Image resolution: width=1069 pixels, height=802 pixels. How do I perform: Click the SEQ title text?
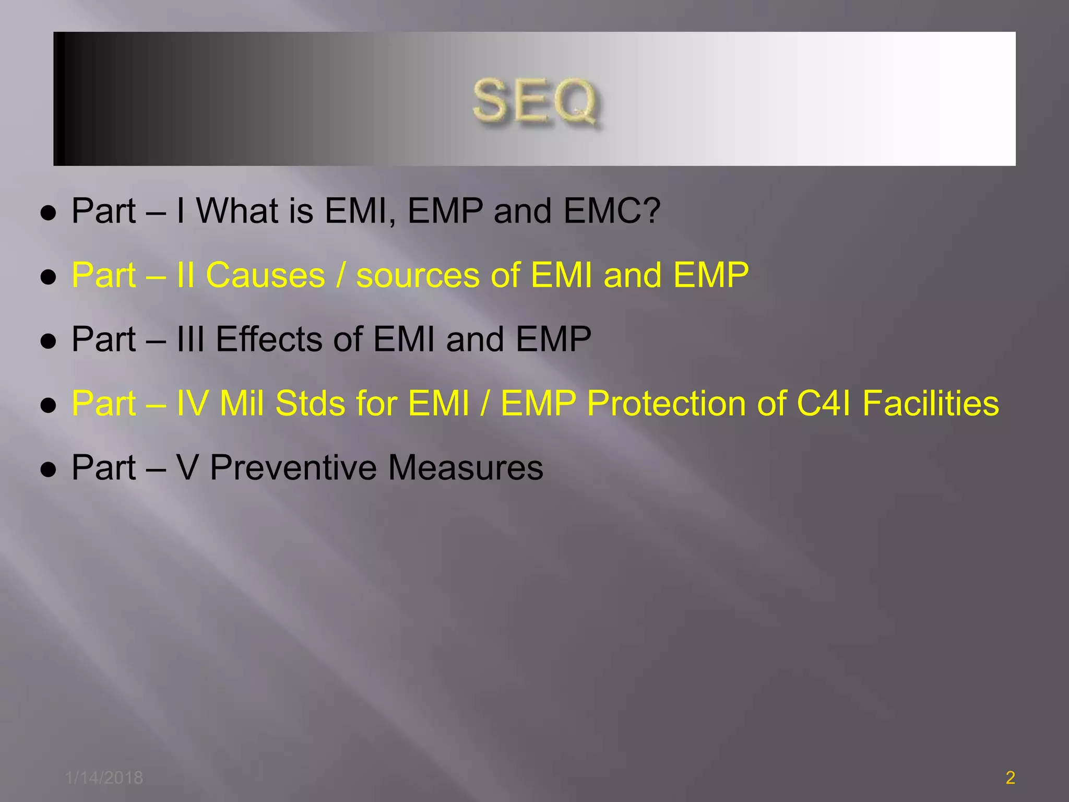(x=536, y=101)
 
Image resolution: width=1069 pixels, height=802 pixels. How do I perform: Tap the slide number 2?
(x=1010, y=777)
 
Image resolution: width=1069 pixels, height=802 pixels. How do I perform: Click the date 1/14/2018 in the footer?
(x=104, y=777)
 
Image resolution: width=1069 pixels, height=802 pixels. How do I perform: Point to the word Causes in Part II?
(x=265, y=275)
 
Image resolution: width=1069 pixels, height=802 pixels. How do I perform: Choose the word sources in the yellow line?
(x=418, y=275)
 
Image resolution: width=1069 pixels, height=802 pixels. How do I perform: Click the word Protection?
(x=666, y=404)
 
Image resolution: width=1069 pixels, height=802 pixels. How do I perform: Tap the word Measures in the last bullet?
(x=466, y=468)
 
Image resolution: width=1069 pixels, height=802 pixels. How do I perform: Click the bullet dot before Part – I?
(x=48, y=214)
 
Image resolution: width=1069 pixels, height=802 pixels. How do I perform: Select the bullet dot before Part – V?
(x=48, y=470)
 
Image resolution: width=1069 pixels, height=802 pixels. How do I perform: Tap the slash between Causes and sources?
(x=341, y=275)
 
